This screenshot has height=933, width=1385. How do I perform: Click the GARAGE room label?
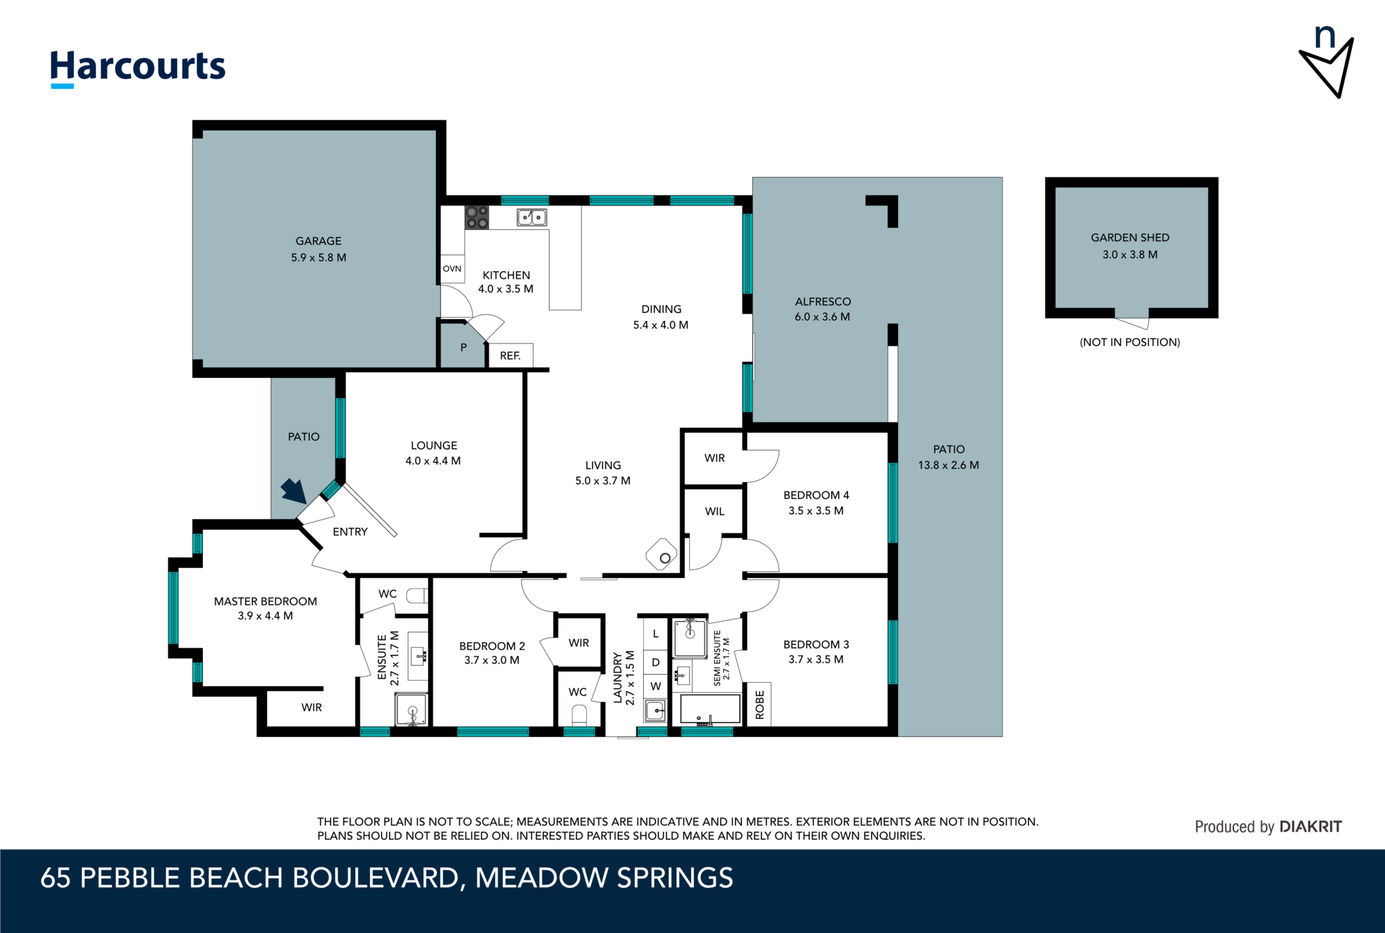[x=319, y=241]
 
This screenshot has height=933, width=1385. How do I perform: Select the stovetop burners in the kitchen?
[x=477, y=218]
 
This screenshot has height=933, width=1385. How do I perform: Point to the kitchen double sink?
[x=532, y=217]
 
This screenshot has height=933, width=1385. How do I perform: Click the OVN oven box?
[x=452, y=269]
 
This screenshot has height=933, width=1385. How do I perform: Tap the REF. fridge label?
[x=510, y=356]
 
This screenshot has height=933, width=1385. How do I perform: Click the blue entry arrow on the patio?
[x=294, y=491]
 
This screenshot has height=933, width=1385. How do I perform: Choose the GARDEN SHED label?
[x=1130, y=238]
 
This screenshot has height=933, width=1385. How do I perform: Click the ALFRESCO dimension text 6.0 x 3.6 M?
[x=822, y=316]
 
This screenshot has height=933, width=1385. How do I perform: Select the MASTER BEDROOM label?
[x=265, y=601]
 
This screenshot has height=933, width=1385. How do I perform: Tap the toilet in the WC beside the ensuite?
[x=417, y=596]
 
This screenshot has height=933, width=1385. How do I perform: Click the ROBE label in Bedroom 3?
[x=759, y=704]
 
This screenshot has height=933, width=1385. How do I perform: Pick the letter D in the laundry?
[x=655, y=663]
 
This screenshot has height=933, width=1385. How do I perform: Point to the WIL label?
[x=715, y=512]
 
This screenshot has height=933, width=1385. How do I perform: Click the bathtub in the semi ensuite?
[x=709, y=709]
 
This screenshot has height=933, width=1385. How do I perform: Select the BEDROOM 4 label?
[x=816, y=495]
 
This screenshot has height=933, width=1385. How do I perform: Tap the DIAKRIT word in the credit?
[x=1311, y=826]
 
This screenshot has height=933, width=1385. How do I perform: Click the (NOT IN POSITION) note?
[x=1130, y=342]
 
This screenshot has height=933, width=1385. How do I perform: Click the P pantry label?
[x=463, y=348]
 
